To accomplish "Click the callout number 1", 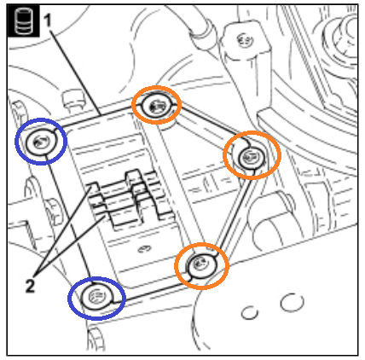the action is click(48, 20).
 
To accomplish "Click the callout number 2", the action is click(30, 286).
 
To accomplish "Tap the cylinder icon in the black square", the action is click(23, 20).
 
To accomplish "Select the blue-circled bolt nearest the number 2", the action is click(96, 298).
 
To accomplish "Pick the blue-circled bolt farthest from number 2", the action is click(41, 142).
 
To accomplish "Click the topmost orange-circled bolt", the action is click(157, 106).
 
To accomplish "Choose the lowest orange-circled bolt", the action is click(201, 265).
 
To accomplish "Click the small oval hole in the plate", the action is click(145, 249).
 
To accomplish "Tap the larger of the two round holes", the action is click(292, 302).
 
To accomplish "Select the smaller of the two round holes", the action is click(250, 313).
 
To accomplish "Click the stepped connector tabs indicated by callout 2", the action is click(130, 199).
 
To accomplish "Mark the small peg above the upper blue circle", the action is click(72, 98).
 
